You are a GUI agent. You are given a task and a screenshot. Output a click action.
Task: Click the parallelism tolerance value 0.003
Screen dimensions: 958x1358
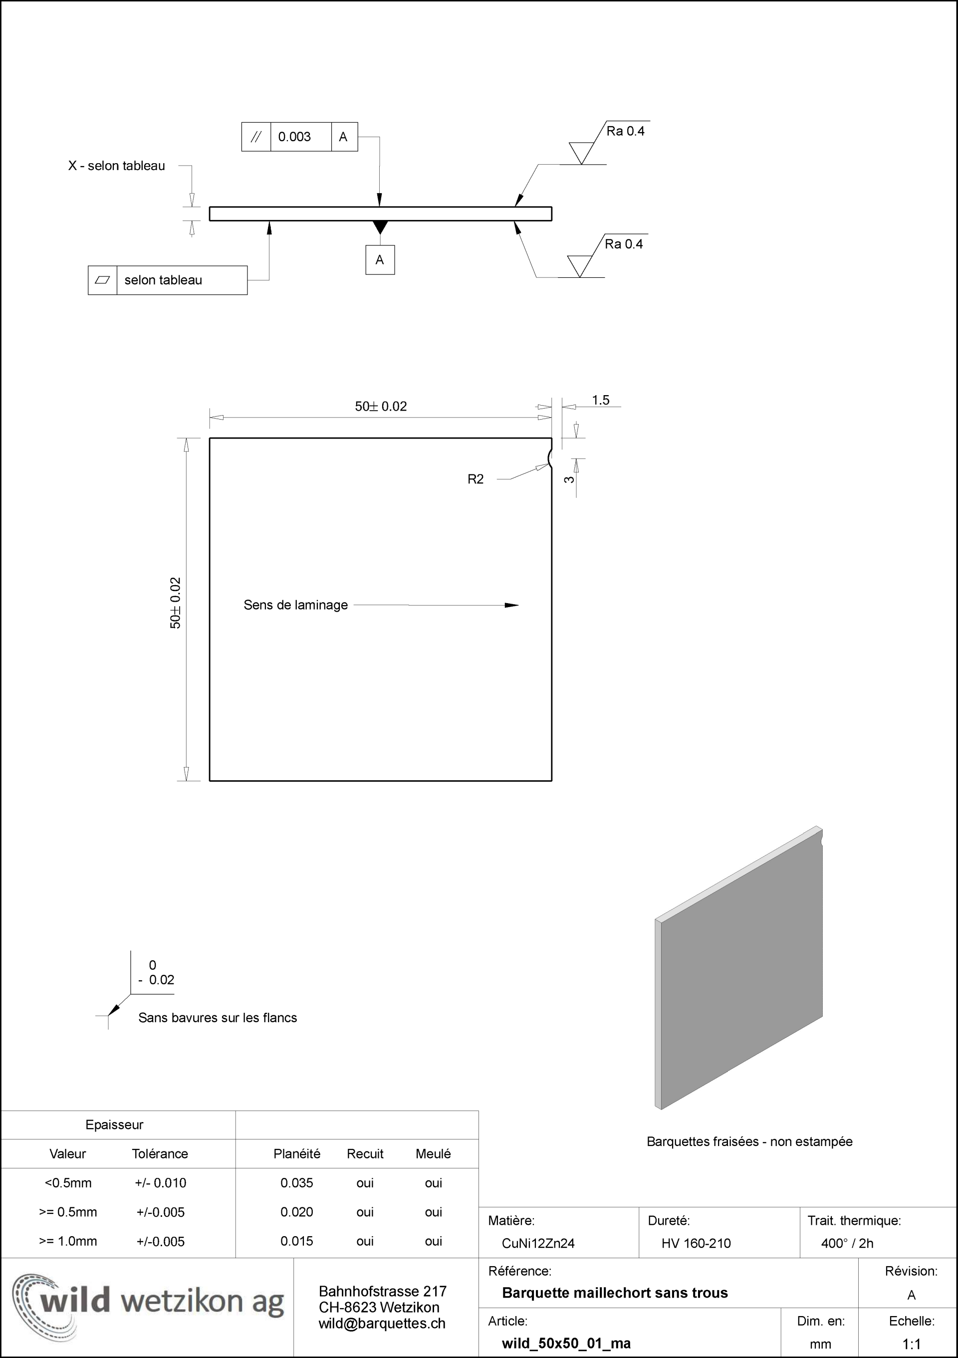pos(294,137)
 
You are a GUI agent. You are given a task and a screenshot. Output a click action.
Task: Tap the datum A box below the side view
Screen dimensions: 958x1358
pos(380,259)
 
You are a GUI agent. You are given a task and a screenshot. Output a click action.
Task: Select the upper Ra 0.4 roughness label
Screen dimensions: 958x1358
pos(625,131)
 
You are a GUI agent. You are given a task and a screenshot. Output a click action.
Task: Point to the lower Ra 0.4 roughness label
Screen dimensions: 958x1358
pos(623,244)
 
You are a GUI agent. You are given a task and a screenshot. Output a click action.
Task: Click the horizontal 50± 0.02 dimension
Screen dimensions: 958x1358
pos(381,406)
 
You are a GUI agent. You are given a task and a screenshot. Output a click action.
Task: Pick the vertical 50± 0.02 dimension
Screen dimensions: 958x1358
pos(176,603)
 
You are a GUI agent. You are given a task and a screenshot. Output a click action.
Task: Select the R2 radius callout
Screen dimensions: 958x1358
pos(476,479)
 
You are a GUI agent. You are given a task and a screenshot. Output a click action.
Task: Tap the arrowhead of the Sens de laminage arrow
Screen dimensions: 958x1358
pos(511,605)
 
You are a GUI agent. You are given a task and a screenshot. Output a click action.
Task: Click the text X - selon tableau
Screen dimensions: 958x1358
pos(116,166)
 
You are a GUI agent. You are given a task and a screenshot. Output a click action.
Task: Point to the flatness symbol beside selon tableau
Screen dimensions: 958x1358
pos(102,280)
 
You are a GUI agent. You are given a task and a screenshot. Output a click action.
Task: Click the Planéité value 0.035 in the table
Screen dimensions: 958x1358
pos(297,1183)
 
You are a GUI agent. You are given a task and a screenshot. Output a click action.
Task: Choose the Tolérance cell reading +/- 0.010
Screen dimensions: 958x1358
pos(160,1183)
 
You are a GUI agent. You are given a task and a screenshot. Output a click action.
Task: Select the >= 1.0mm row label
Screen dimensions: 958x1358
pos(68,1241)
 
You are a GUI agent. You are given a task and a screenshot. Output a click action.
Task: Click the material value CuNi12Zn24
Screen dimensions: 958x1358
pos(538,1243)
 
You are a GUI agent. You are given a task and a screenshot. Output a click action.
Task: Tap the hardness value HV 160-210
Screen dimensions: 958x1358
pos(696,1243)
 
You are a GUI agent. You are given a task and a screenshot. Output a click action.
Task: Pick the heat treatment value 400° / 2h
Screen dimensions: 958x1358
pos(847,1243)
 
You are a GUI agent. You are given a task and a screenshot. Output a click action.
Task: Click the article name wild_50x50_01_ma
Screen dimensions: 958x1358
pos(566,1343)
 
